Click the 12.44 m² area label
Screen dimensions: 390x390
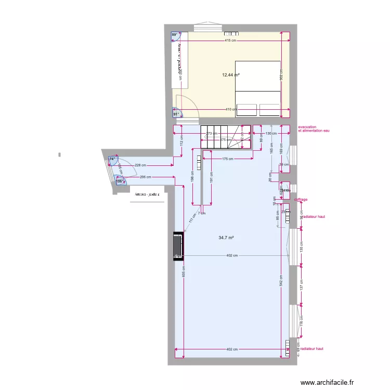click(x=231, y=75)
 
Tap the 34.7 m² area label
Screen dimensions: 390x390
click(x=226, y=238)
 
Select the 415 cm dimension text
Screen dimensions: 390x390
click(x=231, y=41)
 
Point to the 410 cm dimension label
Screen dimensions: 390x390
click(x=231, y=109)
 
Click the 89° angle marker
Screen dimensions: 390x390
click(x=175, y=35)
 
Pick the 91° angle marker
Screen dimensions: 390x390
click(x=176, y=114)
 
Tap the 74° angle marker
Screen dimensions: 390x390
click(x=112, y=159)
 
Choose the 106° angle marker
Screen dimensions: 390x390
click(x=119, y=181)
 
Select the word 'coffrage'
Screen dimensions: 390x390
click(x=301, y=199)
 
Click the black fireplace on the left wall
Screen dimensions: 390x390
click(x=178, y=246)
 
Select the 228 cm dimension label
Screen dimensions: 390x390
click(x=140, y=165)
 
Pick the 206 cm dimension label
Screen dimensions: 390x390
click(x=146, y=177)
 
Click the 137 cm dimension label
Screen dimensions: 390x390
click(x=301, y=285)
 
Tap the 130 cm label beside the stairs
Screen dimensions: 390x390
click(x=271, y=134)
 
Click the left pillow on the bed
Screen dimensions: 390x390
click(x=246, y=110)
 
